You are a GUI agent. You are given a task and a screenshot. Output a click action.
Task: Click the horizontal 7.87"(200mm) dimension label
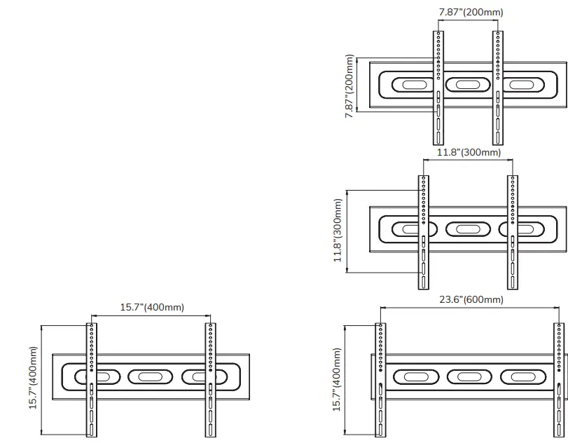[x=471, y=12]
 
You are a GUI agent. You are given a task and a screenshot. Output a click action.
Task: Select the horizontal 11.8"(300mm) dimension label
[x=469, y=152]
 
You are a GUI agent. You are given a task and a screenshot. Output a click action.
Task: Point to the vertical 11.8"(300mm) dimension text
[x=338, y=230]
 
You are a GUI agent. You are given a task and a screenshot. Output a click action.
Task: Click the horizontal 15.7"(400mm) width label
[x=152, y=307]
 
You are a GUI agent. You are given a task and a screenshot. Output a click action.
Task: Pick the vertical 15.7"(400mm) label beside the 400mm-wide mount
[x=33, y=380]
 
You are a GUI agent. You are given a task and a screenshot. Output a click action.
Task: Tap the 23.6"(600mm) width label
[x=471, y=300]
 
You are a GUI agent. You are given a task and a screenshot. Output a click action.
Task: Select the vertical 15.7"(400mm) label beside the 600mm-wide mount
[x=338, y=380]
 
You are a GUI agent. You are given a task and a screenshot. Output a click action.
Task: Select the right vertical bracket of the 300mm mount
[x=513, y=231]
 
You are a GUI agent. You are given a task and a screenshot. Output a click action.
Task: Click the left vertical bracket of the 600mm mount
[x=380, y=382]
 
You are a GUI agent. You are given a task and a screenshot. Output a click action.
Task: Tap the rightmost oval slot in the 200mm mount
[x=520, y=85]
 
